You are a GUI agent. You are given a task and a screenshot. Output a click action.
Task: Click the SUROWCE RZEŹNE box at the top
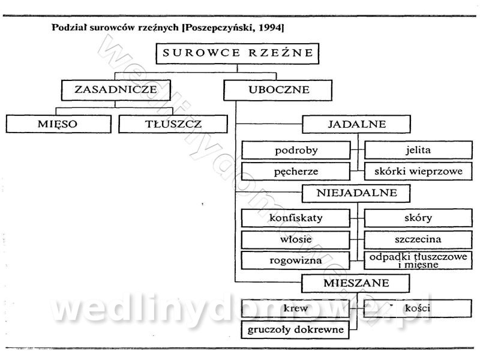pyautogui.click(x=236, y=53)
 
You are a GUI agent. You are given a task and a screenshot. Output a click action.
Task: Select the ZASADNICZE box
pyautogui.click(x=116, y=90)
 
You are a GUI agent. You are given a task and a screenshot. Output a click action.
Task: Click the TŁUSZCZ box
pyautogui.click(x=173, y=124)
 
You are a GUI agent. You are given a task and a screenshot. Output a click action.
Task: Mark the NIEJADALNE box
pyautogui.click(x=356, y=194)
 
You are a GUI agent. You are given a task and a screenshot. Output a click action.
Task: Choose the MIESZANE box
pyautogui.click(x=356, y=283)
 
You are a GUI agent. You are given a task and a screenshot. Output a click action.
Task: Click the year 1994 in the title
pyautogui.click(x=270, y=28)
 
